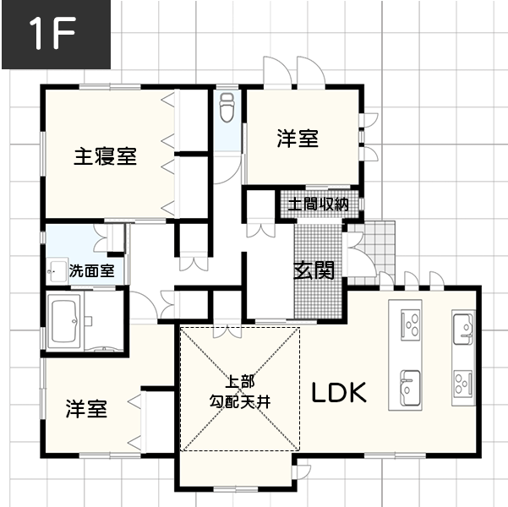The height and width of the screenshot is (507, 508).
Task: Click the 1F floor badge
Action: [x=56, y=35]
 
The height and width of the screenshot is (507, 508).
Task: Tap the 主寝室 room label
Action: [x=106, y=156]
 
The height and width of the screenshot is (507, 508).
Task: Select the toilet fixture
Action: [x=227, y=107]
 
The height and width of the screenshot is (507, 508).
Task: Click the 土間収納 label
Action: [x=318, y=204]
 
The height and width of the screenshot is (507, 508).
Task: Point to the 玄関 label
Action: [x=314, y=270]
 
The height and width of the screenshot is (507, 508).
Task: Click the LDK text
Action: [x=339, y=392]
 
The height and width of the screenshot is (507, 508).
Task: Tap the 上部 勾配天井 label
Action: [x=240, y=392]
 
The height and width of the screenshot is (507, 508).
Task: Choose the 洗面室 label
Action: [x=91, y=270]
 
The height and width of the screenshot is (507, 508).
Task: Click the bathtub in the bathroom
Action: [x=64, y=321]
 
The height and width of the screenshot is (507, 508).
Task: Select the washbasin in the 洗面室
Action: [x=57, y=270]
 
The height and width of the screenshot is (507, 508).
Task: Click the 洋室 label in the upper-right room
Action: [x=298, y=139]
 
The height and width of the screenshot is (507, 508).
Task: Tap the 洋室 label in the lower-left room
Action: [x=86, y=409]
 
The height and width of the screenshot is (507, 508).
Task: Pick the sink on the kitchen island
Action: [x=411, y=388]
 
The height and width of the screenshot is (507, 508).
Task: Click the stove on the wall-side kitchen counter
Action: [x=463, y=384]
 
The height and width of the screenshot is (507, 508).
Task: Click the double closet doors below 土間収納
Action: [x=261, y=230]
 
